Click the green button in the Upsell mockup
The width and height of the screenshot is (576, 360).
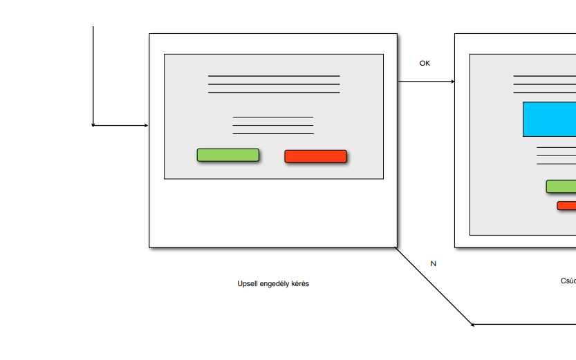227,155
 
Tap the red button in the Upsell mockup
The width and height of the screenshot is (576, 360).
315,156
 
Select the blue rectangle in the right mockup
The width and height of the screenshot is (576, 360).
549,119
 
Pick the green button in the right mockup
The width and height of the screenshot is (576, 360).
561,187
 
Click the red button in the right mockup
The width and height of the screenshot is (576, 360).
566,205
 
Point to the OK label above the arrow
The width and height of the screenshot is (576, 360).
425,64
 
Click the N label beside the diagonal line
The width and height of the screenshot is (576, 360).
434,264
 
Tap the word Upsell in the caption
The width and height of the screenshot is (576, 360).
247,284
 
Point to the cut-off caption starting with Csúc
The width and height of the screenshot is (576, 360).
568,281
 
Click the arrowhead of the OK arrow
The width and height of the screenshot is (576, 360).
453,82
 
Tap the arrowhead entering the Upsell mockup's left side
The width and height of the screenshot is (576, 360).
146,126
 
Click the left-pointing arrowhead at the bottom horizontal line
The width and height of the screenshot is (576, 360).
472,325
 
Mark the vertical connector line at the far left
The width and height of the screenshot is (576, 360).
93,76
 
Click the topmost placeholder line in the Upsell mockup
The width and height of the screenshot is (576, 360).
274,76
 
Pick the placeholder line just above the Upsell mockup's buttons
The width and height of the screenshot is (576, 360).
273,133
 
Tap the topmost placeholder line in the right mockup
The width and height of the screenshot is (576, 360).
544,76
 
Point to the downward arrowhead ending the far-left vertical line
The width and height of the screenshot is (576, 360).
93,125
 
